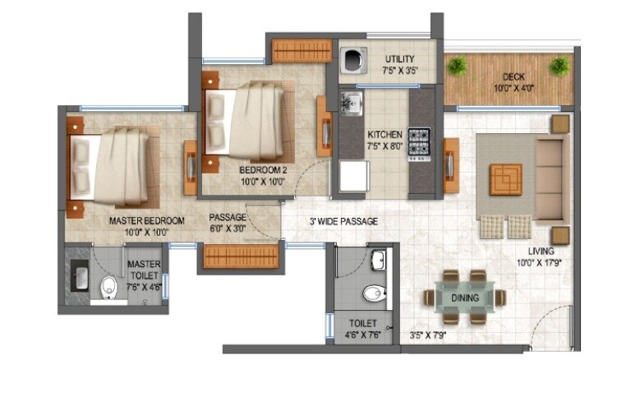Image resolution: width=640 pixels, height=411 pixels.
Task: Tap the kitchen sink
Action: click(352, 104)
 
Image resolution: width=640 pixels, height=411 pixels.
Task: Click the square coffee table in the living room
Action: click(505, 179)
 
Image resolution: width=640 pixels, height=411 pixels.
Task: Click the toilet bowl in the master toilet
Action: click(108, 289)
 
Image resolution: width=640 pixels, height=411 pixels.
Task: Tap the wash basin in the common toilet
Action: click(378, 261)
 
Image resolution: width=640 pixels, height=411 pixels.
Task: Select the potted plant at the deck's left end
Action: click(458, 66)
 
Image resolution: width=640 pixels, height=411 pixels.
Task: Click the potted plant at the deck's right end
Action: click(560, 66)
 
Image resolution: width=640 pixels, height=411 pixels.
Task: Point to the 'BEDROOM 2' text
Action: click(261, 170)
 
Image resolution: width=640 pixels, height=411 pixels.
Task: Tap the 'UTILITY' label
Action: click(400, 59)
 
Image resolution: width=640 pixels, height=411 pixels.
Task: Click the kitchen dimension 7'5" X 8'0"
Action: click(384, 146)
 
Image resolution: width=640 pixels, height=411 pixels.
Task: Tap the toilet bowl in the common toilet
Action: click(373, 293)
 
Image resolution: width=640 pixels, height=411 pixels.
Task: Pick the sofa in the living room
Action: click(549, 177)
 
